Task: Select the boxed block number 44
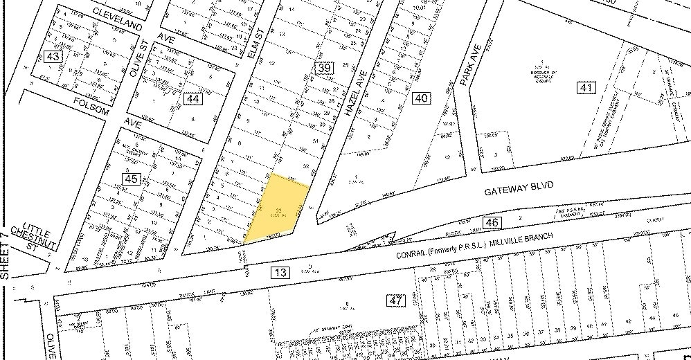(x=192, y=99)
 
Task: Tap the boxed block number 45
(x=132, y=179)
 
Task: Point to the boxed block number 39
(x=323, y=68)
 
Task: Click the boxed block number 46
(x=492, y=222)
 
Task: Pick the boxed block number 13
(x=280, y=273)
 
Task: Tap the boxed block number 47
(x=395, y=300)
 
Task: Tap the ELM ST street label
(x=255, y=45)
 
